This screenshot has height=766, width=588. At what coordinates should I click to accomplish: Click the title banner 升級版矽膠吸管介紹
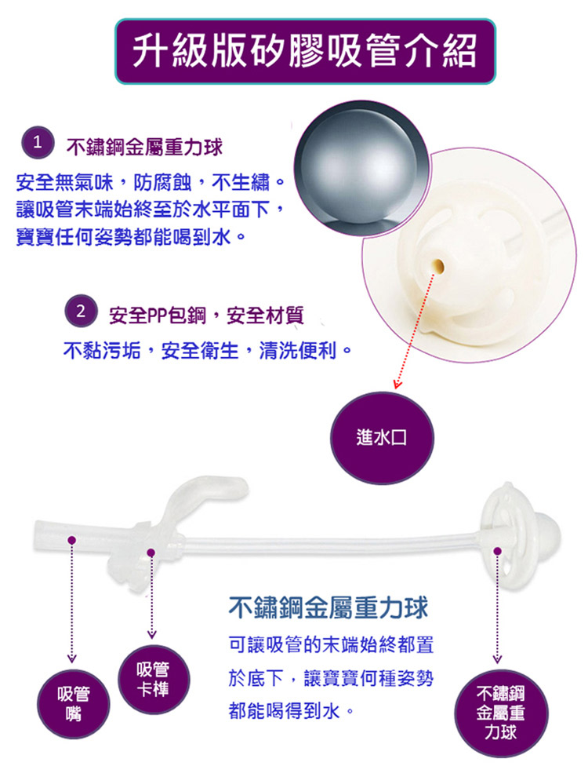[305, 51]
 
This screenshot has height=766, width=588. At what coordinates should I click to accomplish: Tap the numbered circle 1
[37, 143]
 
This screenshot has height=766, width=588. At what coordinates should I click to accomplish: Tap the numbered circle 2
[81, 311]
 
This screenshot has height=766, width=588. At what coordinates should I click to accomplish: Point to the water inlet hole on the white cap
[437, 267]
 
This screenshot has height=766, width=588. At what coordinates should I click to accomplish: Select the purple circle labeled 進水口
[382, 438]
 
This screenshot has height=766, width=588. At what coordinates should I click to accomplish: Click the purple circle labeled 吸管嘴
[74, 703]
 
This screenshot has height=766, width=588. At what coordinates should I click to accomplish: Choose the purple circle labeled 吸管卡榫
[154, 679]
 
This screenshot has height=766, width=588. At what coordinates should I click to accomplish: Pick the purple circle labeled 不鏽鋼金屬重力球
[501, 713]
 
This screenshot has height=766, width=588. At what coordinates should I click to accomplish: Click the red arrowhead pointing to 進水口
[398, 384]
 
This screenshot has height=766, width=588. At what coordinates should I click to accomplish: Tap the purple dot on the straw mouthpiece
[71, 540]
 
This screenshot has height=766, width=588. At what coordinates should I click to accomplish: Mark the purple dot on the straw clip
[151, 553]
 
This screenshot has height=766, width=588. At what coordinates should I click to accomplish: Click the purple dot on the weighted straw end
[497, 551]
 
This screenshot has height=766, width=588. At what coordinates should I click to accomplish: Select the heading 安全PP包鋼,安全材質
[206, 316]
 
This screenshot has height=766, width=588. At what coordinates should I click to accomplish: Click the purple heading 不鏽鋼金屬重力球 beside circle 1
[144, 147]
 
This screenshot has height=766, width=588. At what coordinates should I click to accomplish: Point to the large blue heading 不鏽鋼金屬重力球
[328, 607]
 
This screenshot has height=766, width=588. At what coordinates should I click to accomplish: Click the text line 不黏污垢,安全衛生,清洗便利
[208, 350]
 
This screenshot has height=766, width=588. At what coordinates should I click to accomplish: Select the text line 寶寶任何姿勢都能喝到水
[131, 238]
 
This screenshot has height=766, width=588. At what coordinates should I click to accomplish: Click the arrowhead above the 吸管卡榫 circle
[152, 634]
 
